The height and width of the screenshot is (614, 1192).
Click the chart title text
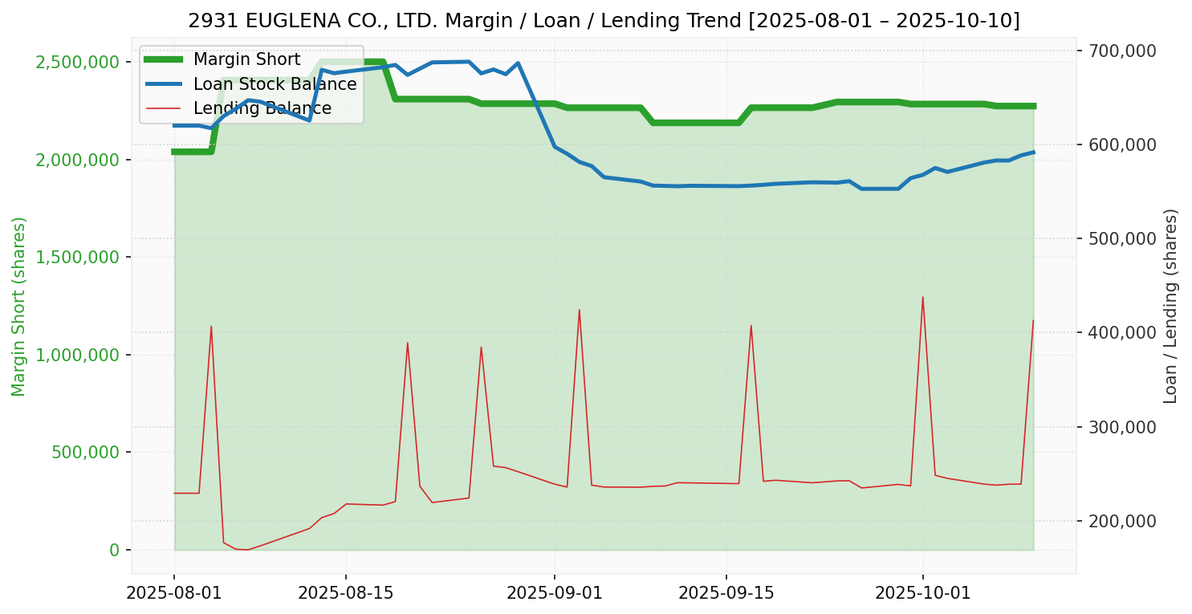click(x=604, y=20)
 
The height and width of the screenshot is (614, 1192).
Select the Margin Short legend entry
click(x=246, y=59)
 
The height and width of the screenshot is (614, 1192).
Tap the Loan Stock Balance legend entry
click(x=275, y=84)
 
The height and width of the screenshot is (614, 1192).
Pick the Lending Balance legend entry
click(x=262, y=108)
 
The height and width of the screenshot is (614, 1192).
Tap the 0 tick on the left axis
click(x=114, y=550)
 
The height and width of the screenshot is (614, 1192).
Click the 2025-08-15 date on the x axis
click(x=346, y=593)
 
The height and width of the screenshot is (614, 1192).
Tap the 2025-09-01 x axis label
click(x=555, y=593)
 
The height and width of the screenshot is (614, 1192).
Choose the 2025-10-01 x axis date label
click(x=922, y=593)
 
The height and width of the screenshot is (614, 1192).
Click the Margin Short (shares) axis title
click(x=19, y=307)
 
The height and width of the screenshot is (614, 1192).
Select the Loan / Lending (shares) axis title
click(x=1170, y=307)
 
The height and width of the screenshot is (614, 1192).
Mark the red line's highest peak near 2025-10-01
click(x=922, y=297)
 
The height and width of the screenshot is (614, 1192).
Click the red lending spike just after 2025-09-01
click(x=579, y=310)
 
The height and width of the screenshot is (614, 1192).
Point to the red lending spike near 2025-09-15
click(x=751, y=325)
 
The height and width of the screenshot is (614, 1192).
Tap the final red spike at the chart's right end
click(x=1033, y=320)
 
